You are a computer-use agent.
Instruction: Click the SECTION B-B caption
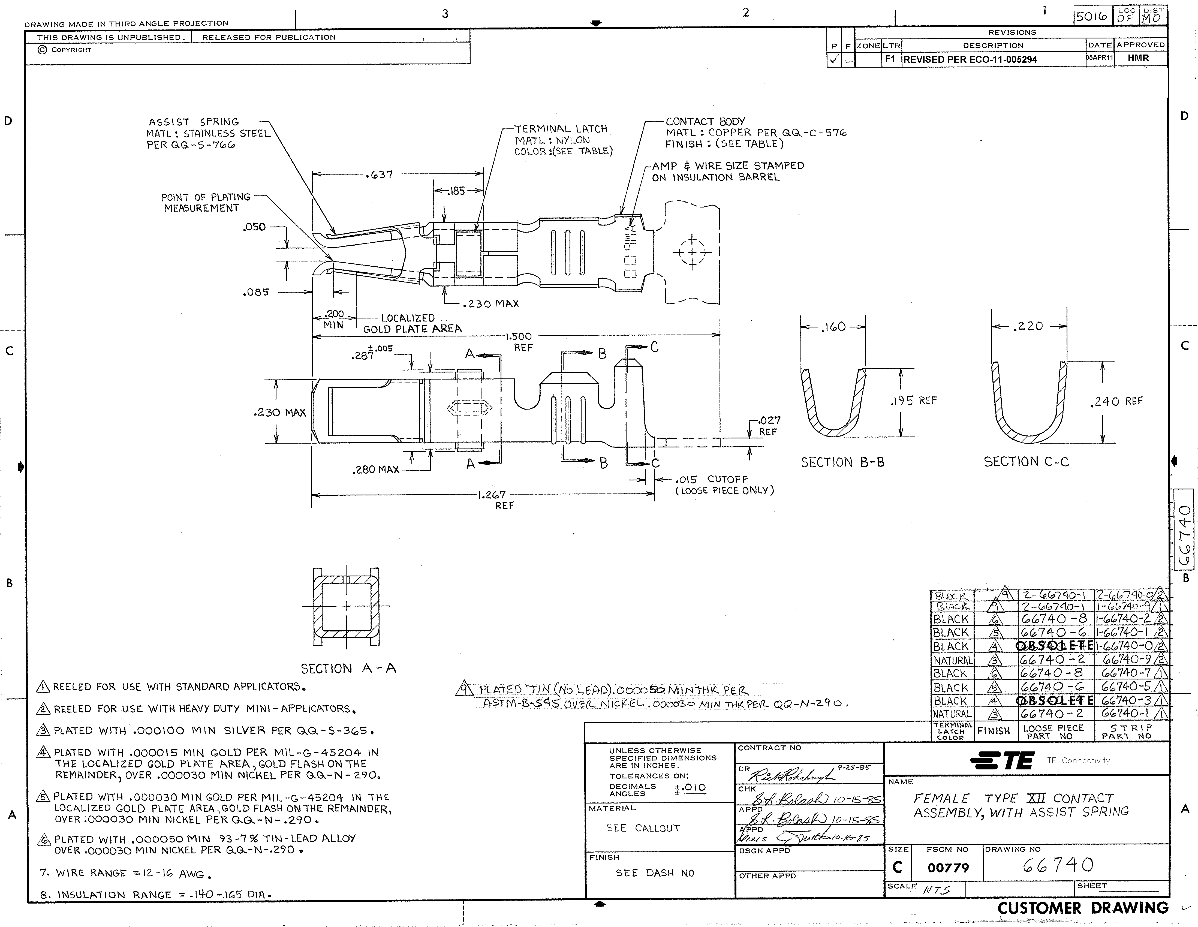point(842,462)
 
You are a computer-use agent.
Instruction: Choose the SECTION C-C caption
point(1026,462)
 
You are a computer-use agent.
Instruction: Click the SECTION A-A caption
point(348,668)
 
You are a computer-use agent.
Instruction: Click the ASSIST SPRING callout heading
point(194,122)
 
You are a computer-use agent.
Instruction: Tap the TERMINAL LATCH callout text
point(561,129)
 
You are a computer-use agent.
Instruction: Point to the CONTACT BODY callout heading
point(705,121)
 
